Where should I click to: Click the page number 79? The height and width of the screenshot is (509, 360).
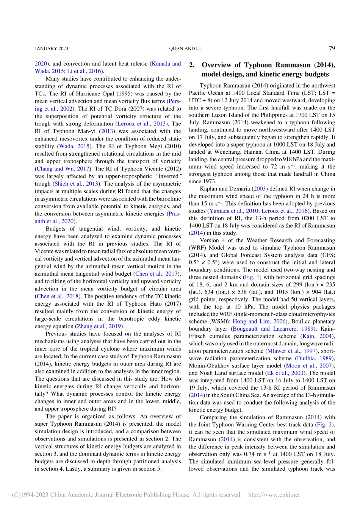pyautogui.click(x=332, y=48)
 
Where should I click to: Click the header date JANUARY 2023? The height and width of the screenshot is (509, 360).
pyautogui.click(x=51, y=48)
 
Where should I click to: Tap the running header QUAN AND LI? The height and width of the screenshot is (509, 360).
pyautogui.click(x=185, y=48)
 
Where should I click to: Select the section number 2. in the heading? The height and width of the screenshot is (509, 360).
pyautogui.click(x=192, y=65)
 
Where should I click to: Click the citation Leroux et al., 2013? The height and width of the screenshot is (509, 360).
pyautogui.click(x=142, y=123)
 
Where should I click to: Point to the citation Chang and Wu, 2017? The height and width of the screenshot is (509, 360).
pyautogui.click(x=63, y=169)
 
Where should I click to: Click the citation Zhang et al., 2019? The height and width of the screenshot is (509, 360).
pyautogui.click(x=99, y=326)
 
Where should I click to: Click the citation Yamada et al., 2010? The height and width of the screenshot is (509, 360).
pyautogui.click(x=233, y=211)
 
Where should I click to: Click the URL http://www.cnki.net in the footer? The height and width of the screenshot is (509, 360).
pyautogui.click(x=274, y=495)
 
